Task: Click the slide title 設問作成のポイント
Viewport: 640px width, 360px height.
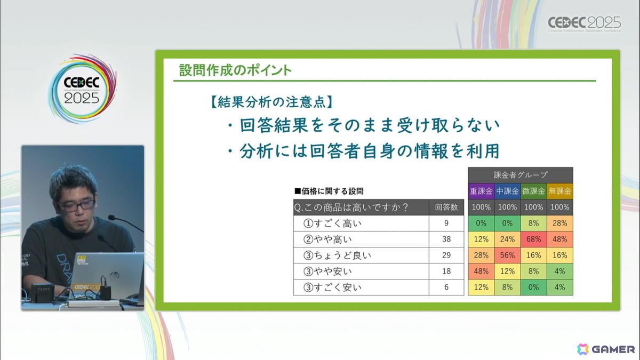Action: (235, 70)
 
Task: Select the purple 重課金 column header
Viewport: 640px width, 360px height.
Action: (481, 191)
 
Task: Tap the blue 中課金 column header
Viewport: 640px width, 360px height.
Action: (507, 191)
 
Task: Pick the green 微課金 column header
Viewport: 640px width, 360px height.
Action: (533, 191)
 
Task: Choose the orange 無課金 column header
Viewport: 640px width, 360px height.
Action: (560, 191)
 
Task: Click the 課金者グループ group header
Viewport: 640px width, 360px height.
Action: (521, 174)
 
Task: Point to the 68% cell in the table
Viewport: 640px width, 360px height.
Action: (533, 239)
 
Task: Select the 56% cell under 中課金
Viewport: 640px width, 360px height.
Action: (507, 255)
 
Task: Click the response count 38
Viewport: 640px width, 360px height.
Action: (446, 239)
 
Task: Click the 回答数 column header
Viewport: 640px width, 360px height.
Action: (446, 207)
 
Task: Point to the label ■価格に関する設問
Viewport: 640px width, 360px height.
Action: (330, 190)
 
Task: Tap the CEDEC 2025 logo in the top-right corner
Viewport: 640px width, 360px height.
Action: (585, 24)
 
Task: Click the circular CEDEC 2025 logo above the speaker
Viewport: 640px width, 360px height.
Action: (82, 89)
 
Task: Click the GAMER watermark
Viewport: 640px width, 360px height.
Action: (606, 349)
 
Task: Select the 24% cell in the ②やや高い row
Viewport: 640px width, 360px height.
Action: (507, 239)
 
